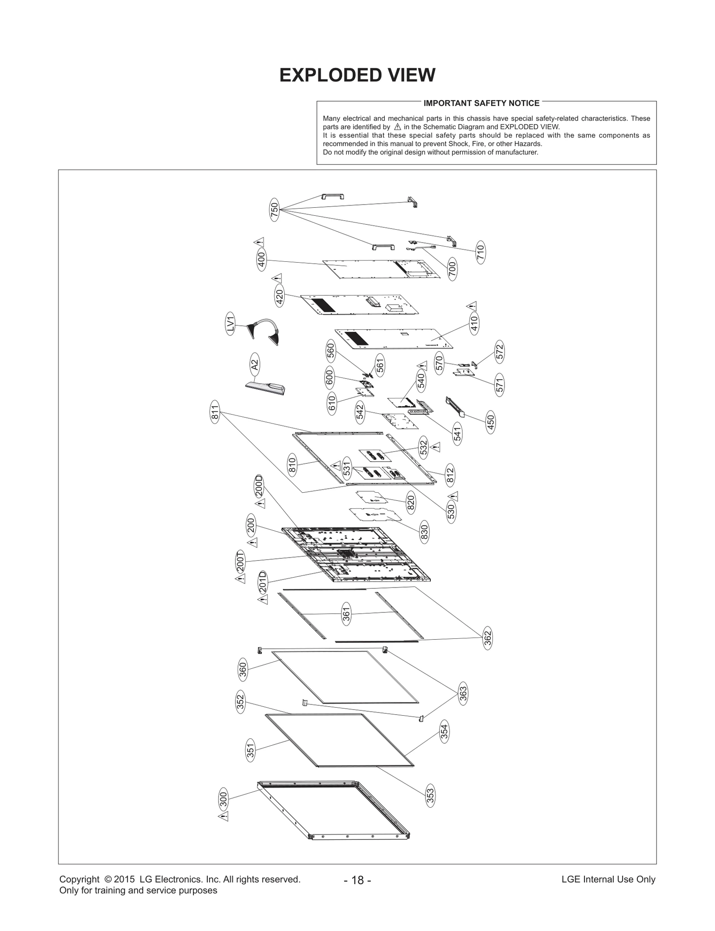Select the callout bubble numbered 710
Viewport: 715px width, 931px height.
pos(480,253)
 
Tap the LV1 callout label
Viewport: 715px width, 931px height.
pos(230,323)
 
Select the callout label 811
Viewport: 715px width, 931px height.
pos(215,412)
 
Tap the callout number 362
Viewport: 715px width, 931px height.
pos(488,638)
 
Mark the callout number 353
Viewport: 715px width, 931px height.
pos(430,795)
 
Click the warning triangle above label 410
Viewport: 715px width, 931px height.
pos(472,306)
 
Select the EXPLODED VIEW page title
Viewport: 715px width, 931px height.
pos(357,75)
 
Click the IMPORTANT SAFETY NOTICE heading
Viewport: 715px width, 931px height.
pos(481,103)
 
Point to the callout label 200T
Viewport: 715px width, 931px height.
pos(240,562)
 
